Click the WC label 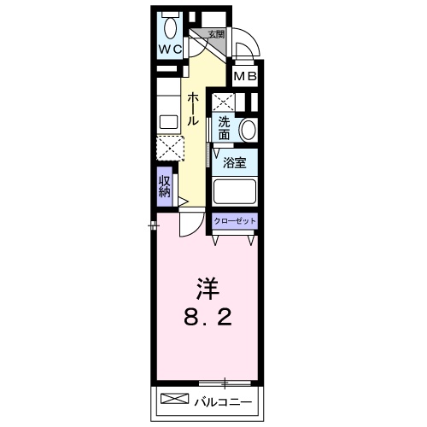pos(167,49)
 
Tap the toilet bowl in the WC pos(167,22)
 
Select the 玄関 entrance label pos(215,34)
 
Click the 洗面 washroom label pos(224,127)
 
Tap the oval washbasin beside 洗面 pos(248,131)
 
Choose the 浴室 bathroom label pos(235,161)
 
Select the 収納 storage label pos(164,186)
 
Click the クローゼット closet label pos(235,220)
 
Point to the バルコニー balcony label pos(222,401)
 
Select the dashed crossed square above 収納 pos(167,149)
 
